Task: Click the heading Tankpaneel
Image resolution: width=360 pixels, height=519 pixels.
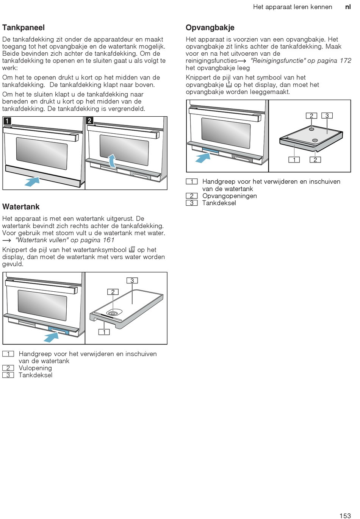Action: pyautogui.click(x=23, y=28)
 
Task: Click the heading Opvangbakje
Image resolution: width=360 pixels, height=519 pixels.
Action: pyautogui.click(x=210, y=28)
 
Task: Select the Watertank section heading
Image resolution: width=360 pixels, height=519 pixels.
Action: pyautogui.click(x=21, y=207)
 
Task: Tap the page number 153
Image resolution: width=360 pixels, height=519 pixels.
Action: pyautogui.click(x=345, y=516)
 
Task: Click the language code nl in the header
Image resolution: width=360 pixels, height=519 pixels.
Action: pyautogui.click(x=348, y=7)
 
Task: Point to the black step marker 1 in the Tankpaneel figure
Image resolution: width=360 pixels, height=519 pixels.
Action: pyautogui.click(x=7, y=121)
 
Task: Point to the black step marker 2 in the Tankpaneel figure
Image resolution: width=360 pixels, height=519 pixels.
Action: pyautogui.click(x=89, y=121)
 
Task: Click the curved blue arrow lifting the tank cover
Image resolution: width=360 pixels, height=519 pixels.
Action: pyautogui.click(x=113, y=160)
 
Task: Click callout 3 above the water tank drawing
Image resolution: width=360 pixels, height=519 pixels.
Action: pyautogui.click(x=132, y=281)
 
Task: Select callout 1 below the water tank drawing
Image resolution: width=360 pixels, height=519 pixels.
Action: pyautogui.click(x=104, y=332)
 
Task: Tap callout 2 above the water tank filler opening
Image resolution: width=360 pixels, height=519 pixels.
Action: pyautogui.click(x=113, y=292)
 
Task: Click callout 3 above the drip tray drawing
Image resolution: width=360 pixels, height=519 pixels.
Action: pyautogui.click(x=327, y=116)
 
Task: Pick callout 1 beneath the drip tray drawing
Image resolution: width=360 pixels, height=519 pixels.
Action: pyautogui.click(x=294, y=160)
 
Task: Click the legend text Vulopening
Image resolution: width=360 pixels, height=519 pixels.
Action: pyautogui.click(x=35, y=368)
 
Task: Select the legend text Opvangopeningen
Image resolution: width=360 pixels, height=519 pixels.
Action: pyautogui.click(x=230, y=196)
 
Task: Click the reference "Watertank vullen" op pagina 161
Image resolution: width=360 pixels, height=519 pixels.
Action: pyautogui.click(x=65, y=240)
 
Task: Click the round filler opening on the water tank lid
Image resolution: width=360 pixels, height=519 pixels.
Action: pyautogui.click(x=113, y=313)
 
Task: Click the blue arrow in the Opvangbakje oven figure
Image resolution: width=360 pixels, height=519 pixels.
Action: pyautogui.click(x=203, y=157)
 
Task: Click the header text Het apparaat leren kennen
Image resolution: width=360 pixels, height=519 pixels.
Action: pyautogui.click(x=293, y=7)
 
